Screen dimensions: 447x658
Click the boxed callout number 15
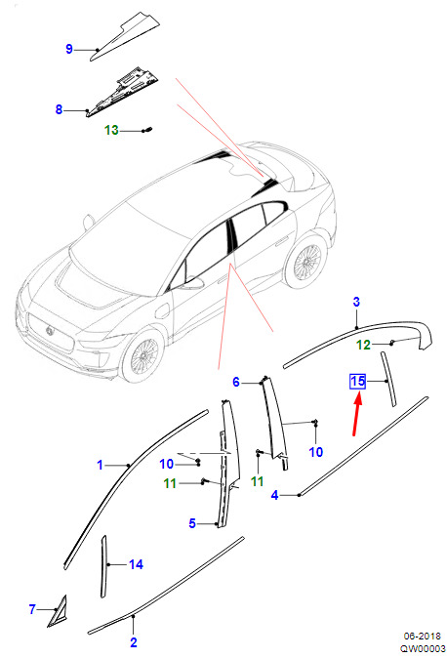357,382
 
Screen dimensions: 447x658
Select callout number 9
69,49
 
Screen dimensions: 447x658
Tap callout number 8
59,109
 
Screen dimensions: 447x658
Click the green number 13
111,130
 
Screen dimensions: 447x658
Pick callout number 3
356,302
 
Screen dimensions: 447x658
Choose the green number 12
363,345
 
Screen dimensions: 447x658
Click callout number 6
236,382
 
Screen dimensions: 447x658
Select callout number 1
100,465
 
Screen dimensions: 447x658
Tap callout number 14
136,564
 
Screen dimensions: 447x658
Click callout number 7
32,609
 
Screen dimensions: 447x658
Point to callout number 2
134,642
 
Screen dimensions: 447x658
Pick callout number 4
274,495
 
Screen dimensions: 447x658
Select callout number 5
192,523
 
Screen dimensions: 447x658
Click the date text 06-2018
422,637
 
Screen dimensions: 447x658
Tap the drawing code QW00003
423,649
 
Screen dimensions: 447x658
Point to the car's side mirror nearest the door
192,282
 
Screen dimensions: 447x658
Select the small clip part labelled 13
147,130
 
